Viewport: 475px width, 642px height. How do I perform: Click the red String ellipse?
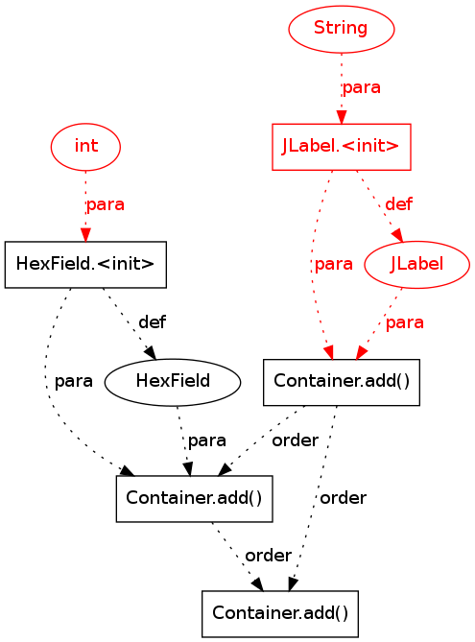(342, 29)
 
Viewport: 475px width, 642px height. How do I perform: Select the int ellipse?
(85, 147)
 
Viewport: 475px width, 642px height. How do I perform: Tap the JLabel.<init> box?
(342, 147)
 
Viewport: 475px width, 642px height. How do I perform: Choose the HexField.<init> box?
(85, 265)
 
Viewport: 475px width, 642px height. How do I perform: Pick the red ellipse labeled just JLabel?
(416, 265)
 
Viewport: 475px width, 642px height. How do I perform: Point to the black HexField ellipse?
(173, 382)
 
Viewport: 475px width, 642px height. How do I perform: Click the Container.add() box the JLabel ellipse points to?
(342, 382)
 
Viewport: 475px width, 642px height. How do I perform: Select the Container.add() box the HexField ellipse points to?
(195, 499)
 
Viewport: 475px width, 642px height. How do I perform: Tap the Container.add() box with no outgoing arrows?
(280, 614)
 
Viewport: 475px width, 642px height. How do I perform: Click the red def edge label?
(399, 203)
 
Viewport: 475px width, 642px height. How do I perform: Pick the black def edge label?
(152, 321)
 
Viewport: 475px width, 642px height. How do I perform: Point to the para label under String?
(362, 87)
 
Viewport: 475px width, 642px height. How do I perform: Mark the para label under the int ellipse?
(106, 204)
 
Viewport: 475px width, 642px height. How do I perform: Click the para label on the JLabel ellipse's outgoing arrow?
(405, 322)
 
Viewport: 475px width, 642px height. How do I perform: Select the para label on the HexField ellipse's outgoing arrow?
(206, 440)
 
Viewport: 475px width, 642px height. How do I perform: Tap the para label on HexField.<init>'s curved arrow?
(74, 381)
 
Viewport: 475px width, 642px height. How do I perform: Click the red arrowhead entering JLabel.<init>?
(342, 117)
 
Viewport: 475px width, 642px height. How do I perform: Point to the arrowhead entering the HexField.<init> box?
(85, 234)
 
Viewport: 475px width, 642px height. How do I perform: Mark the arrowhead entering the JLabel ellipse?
(398, 236)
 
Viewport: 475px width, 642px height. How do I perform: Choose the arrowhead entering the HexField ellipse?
(151, 353)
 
